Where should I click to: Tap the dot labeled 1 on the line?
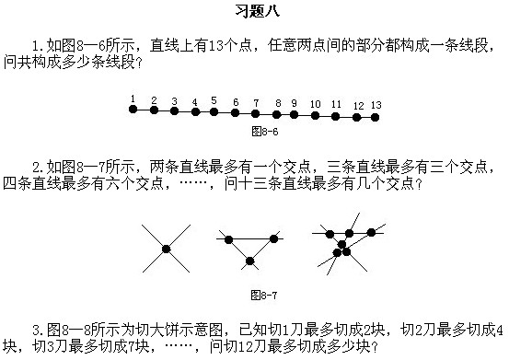click(x=133, y=110)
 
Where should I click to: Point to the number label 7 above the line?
click(x=236, y=102)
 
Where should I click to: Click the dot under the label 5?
click(x=214, y=112)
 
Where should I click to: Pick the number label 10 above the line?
click(x=315, y=104)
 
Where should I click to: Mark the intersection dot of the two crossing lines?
click(x=166, y=249)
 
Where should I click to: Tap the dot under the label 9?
click(x=295, y=115)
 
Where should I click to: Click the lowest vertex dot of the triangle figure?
click(x=250, y=262)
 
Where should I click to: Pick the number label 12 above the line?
click(x=357, y=106)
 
